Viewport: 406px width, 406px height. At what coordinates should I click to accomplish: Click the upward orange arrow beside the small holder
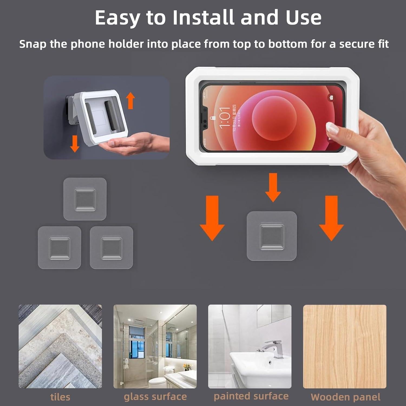[x=131, y=100]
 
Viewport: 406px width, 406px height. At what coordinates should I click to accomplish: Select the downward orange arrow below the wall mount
[x=74, y=144]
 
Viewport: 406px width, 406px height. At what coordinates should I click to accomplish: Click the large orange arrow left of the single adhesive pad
[x=212, y=218]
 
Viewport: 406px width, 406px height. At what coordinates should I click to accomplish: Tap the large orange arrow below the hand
[x=331, y=218]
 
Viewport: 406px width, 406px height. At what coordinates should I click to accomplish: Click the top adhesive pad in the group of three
[x=85, y=199]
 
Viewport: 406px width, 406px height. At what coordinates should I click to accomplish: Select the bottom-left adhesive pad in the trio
[x=60, y=248]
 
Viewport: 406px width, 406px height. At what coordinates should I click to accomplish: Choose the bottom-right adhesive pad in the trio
[x=112, y=248]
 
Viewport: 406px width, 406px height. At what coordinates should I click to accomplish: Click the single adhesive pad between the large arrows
[x=272, y=236]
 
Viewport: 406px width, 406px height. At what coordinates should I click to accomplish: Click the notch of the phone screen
[x=205, y=118]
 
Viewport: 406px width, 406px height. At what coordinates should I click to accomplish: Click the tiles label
[x=60, y=397]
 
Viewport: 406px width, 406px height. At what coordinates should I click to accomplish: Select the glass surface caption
[x=155, y=397]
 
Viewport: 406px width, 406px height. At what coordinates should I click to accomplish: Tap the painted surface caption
[x=251, y=396]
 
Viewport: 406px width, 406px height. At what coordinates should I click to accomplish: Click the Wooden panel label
[x=345, y=397]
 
